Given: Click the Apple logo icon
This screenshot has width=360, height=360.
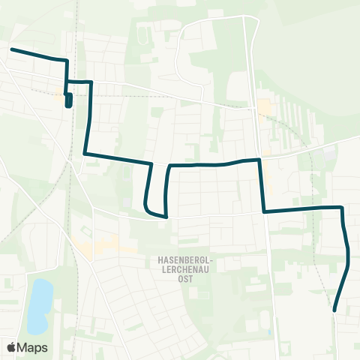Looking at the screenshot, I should (12, 347).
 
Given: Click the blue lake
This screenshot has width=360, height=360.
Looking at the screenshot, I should (39, 306).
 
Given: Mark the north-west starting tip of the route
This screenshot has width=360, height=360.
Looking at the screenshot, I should (11, 49).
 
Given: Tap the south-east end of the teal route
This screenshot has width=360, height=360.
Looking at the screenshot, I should (334, 310).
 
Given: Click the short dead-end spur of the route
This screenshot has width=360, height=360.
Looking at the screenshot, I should (69, 102).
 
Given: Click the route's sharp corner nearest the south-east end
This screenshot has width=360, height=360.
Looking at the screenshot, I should (342, 207).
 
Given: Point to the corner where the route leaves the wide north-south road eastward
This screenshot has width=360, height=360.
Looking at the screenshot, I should (265, 211).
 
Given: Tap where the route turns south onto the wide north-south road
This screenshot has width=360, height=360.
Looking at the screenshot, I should (259, 159).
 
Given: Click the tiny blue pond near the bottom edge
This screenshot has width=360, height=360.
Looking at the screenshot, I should (268, 331).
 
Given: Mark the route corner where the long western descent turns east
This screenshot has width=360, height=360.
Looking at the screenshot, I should (85, 154).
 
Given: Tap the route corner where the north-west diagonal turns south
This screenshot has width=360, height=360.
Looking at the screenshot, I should (67, 60).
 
